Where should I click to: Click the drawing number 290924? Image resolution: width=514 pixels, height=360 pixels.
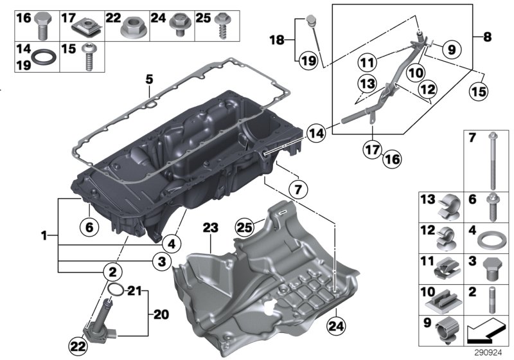[x=492, y=353]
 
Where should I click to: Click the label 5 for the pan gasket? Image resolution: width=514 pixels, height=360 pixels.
[x=148, y=80]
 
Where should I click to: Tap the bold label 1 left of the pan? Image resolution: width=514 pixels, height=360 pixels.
[x=44, y=237]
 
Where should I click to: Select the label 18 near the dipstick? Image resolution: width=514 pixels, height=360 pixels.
[x=277, y=40]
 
